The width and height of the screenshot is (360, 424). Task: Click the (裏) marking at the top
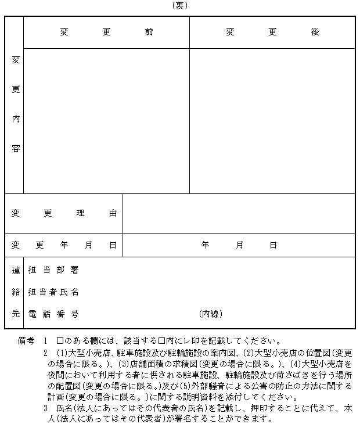tap(180, 5)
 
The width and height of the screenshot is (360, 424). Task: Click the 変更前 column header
tap(107, 32)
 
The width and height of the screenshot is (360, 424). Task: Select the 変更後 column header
tap(272, 32)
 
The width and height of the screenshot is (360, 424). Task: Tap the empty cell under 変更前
tap(107, 120)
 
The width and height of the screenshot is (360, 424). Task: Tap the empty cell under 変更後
tap(272, 120)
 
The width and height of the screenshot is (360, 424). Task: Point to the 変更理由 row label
tap(64, 213)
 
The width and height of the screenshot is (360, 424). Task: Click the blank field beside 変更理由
tap(239, 213)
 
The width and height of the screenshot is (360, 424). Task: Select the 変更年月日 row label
tap(64, 245)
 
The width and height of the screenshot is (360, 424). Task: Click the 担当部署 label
tap(53, 270)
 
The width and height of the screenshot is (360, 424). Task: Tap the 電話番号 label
tap(53, 314)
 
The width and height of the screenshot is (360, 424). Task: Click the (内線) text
tap(210, 314)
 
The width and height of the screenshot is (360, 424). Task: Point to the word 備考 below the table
tap(27, 341)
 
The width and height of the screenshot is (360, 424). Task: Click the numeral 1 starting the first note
tap(45, 341)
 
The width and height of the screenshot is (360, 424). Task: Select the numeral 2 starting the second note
tap(45, 353)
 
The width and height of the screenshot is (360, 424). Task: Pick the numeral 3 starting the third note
tap(45, 408)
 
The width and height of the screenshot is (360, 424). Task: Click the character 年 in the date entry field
tap(205, 245)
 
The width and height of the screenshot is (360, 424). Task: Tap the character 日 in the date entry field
tap(273, 245)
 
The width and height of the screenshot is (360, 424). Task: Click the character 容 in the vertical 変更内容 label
tap(16, 148)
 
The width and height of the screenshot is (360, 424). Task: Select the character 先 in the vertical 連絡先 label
tap(16, 314)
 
